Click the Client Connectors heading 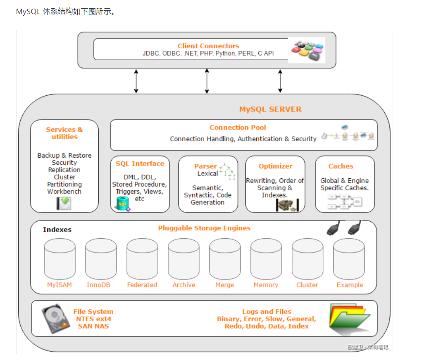[x=208, y=46]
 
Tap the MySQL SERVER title [x=270, y=109]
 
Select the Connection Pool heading [x=238, y=128]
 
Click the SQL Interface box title [x=140, y=163]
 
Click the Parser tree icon [x=227, y=171]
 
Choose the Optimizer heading [x=275, y=166]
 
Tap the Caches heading [x=341, y=166]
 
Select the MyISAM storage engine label [x=60, y=285]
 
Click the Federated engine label [x=142, y=285]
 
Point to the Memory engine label [x=266, y=285]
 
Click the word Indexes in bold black [x=57, y=230]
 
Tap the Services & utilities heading [x=64, y=133]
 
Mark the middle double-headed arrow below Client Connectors [x=207, y=81]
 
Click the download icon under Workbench [x=64, y=203]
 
